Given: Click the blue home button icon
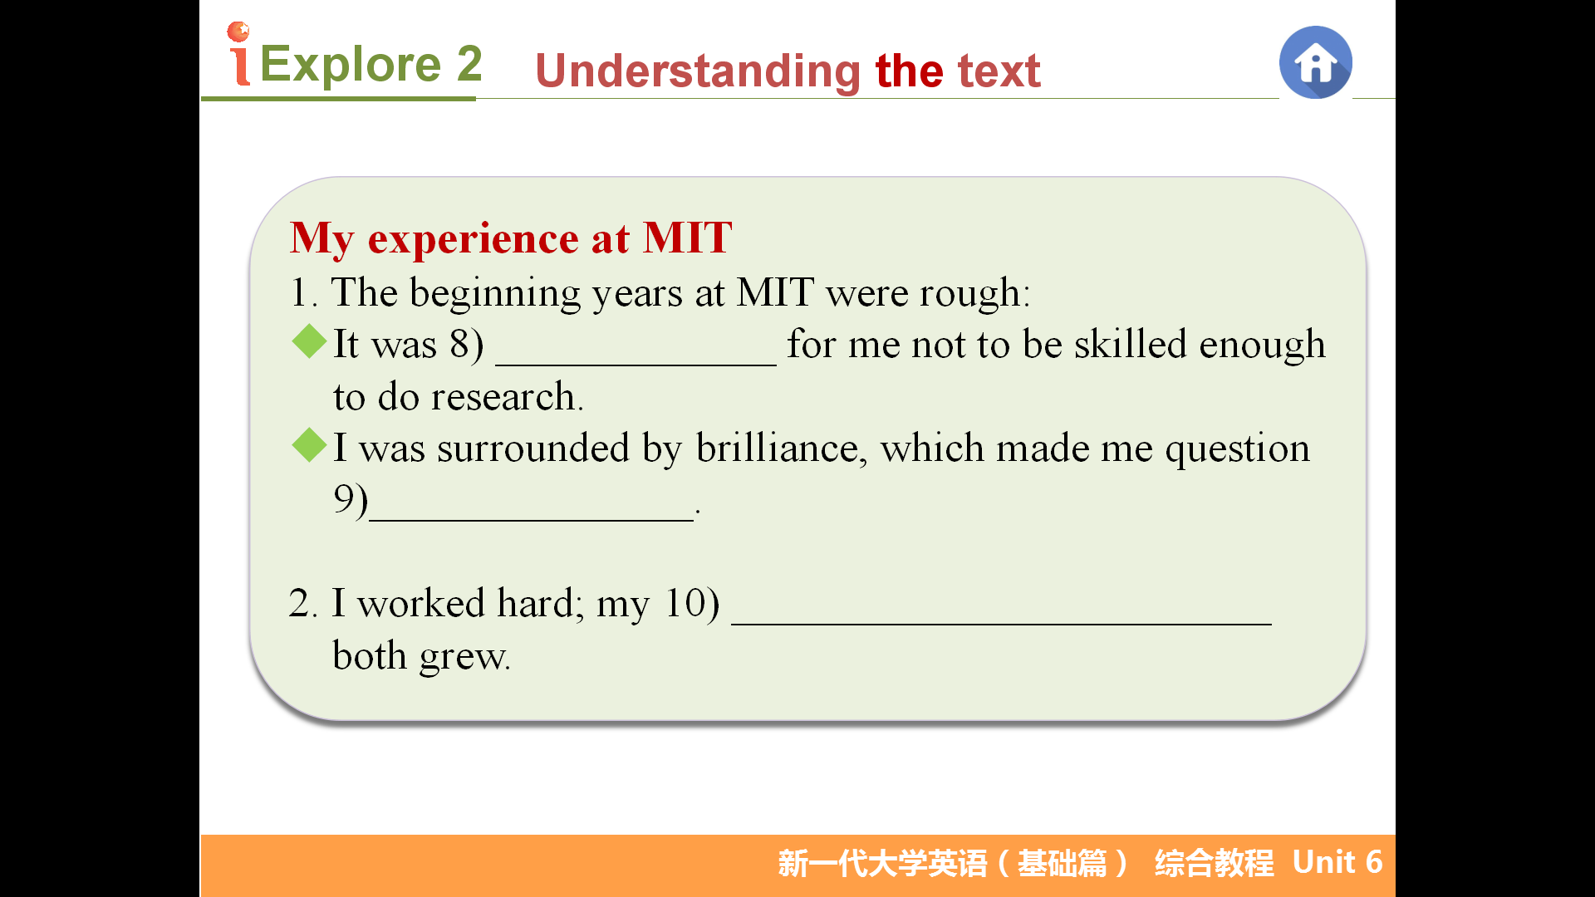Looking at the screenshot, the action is (x=1315, y=62).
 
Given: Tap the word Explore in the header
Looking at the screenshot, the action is (x=351, y=64).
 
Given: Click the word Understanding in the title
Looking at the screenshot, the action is (x=698, y=71).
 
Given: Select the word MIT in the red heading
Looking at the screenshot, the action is (x=688, y=238).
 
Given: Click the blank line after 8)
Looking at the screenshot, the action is (x=636, y=364).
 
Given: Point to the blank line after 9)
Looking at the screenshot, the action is (x=531, y=519).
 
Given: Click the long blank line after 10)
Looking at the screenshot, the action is (x=1001, y=622).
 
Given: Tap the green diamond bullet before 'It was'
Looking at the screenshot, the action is (x=310, y=341).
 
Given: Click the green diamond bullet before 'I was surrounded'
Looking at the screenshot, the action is (x=310, y=445).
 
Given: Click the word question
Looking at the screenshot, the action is (x=1237, y=449).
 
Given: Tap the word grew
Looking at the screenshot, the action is (x=464, y=657).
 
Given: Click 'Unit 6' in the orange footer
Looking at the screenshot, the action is (x=1337, y=862).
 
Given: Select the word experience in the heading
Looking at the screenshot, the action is (x=474, y=239).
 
